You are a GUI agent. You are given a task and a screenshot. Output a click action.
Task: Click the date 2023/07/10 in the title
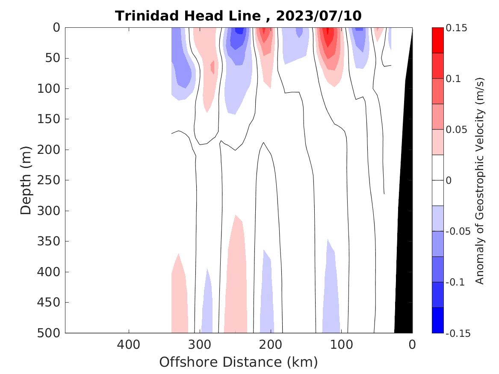(319, 16)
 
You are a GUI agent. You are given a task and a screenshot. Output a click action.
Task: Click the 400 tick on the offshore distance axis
(128, 344)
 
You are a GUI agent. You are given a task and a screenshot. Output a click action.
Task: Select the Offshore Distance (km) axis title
(238, 362)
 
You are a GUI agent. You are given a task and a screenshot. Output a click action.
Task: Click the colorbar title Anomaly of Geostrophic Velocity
(480, 180)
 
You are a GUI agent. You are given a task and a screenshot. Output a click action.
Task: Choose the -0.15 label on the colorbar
(458, 333)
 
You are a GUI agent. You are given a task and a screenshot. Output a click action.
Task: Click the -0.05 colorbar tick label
(458, 231)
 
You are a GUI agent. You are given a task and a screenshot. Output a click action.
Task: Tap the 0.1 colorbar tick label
(453, 79)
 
